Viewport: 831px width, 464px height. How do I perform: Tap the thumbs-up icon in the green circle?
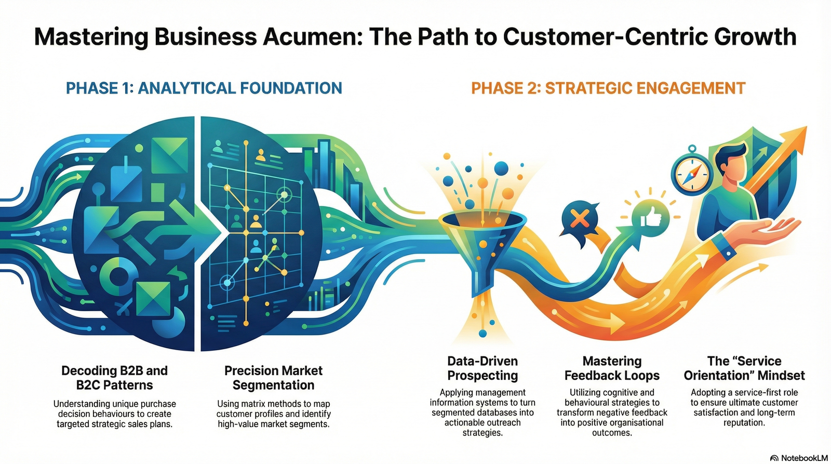[650, 217]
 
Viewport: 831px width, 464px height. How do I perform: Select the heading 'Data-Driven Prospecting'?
[482, 368]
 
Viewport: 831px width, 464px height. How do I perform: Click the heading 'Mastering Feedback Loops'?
[612, 368]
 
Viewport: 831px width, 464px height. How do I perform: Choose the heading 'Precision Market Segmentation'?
[273, 378]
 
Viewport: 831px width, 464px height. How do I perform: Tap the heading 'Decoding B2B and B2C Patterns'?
[114, 378]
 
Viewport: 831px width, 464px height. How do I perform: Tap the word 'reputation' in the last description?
[743, 423]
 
